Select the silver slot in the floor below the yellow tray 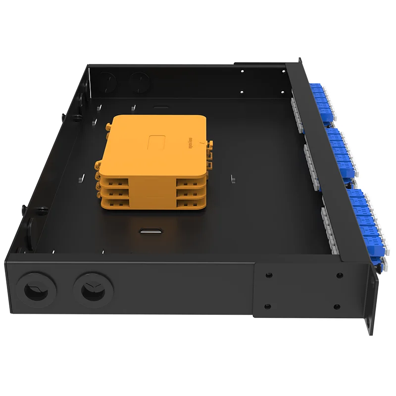click(x=151, y=230)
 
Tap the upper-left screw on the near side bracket click(x=268, y=275)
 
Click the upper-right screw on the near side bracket click(x=340, y=275)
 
